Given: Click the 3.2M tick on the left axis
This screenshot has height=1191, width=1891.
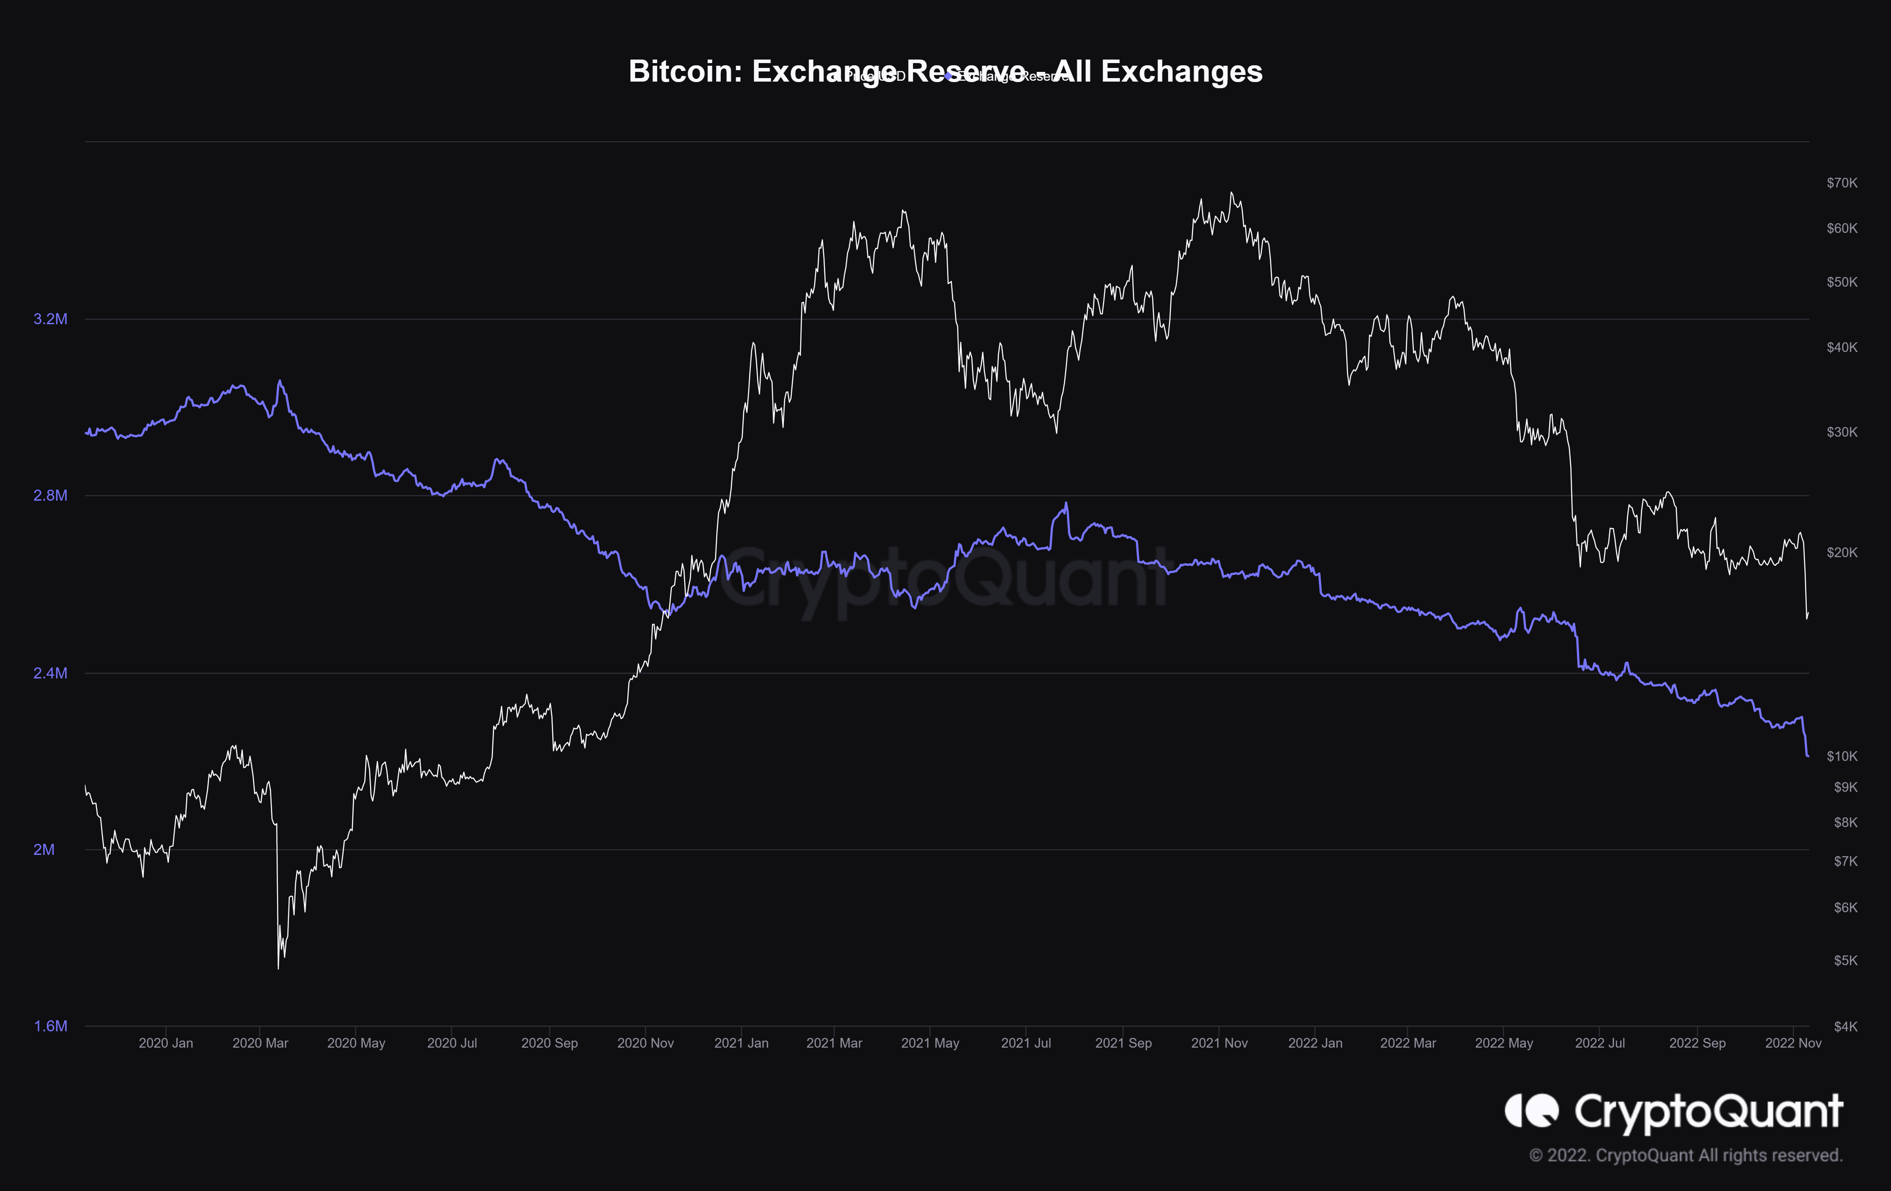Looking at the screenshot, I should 50,319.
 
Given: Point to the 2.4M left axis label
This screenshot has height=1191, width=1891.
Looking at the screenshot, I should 50,673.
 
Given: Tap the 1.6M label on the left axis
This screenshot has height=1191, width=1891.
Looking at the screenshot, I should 50,1026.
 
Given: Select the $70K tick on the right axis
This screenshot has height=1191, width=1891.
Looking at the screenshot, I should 1842,183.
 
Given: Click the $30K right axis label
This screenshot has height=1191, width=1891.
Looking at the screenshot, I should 1842,432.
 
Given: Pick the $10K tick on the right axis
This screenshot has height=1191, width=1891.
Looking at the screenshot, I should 1842,756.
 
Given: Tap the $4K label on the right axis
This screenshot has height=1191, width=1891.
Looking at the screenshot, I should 1845,1026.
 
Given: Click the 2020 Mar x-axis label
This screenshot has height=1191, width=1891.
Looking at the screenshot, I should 260,1043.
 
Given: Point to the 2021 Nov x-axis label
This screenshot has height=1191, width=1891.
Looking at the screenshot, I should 1219,1043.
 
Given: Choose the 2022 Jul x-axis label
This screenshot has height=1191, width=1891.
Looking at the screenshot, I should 1600,1043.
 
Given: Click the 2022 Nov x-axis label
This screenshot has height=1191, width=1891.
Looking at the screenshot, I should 1793,1043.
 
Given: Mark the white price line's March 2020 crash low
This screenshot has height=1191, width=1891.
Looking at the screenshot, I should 278,968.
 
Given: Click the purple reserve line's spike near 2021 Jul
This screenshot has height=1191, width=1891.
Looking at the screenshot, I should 1066,503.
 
